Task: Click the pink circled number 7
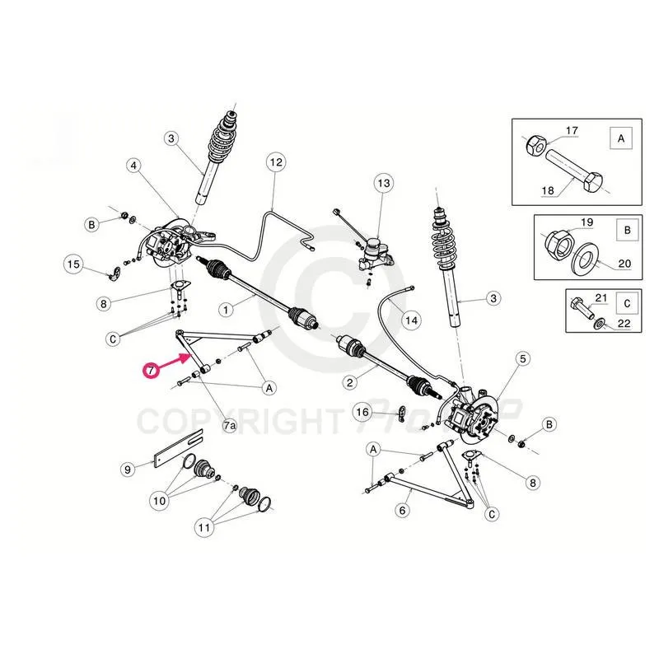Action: tap(149, 371)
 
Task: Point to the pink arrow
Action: tap(175, 361)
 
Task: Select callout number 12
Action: tap(276, 162)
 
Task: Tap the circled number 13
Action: tap(384, 182)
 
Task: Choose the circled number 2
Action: tap(350, 381)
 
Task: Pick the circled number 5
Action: tap(522, 358)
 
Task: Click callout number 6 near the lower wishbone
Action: tap(403, 511)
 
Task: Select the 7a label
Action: tap(230, 424)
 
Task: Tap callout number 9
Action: tap(128, 470)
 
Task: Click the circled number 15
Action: tap(73, 264)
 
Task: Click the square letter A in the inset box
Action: tap(619, 139)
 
